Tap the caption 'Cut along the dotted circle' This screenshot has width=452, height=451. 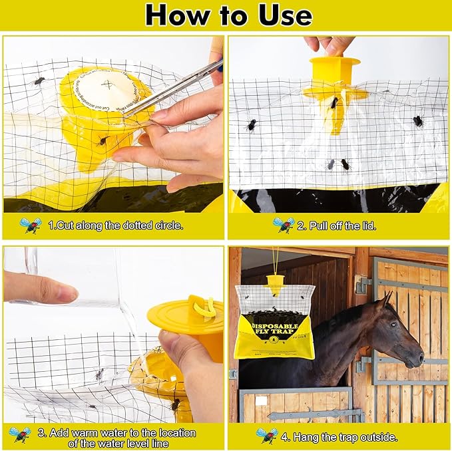click(116, 225)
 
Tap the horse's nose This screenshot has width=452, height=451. click(419, 359)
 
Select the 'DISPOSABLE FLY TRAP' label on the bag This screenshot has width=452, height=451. click(275, 326)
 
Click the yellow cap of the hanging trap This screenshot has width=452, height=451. click(275, 282)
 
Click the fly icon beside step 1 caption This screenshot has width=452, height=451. click(30, 225)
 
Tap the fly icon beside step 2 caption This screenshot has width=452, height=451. click(283, 225)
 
